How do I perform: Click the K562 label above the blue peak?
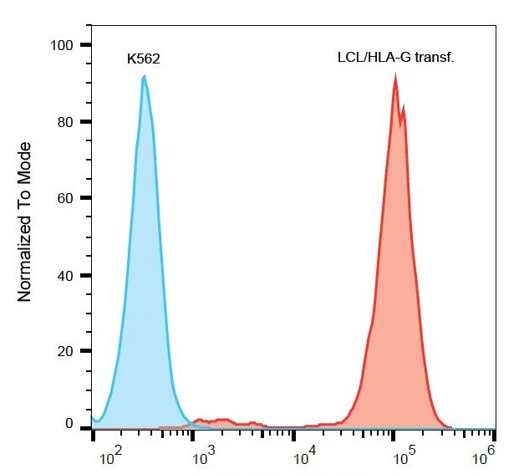point(143,60)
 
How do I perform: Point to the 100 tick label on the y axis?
point(62,44)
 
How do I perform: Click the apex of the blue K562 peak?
point(145,76)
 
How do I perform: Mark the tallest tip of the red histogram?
point(395,75)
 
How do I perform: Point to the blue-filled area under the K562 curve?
point(146,293)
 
